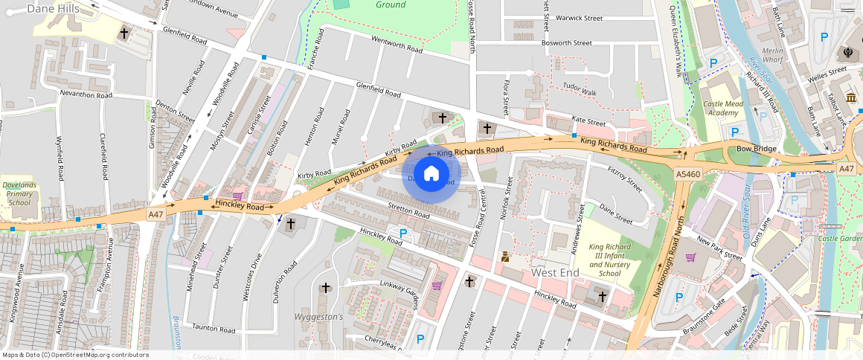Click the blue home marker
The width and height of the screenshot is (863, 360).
(431, 174)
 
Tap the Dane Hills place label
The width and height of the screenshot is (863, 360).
(52, 8)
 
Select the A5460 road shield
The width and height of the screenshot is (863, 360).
(689, 173)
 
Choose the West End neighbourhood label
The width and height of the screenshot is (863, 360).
(555, 273)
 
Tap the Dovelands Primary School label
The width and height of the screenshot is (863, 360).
(19, 192)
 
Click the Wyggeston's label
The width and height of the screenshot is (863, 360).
(321, 317)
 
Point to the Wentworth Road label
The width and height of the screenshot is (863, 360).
(397, 45)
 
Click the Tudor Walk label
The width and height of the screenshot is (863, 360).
(580, 91)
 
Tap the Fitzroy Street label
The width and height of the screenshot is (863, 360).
(624, 179)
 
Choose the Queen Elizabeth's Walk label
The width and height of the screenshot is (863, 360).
(674, 41)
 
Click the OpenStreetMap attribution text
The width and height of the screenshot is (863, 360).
(74, 355)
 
